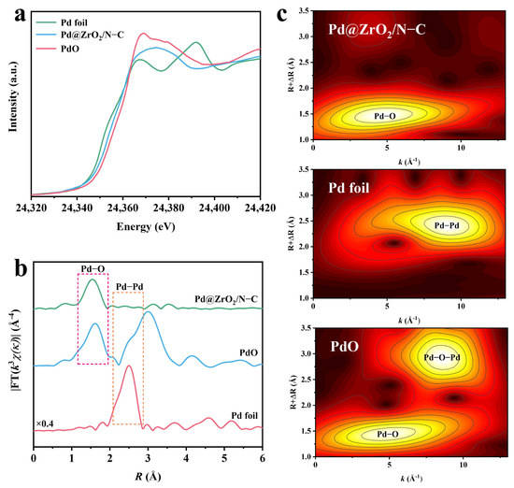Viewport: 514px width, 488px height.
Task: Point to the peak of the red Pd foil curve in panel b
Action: coord(128,366)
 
